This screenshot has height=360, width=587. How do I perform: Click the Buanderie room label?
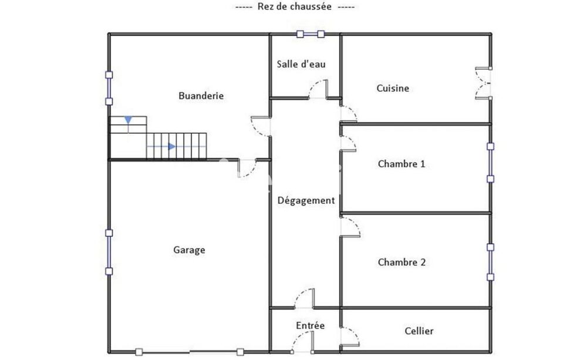[201, 96]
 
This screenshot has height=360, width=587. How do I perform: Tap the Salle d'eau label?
[301, 64]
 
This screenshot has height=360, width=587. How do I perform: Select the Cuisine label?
[393, 89]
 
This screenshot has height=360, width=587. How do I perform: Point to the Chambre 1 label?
[402, 164]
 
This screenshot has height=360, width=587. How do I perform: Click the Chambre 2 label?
[402, 263]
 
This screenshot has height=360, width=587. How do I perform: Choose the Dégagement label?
[306, 201]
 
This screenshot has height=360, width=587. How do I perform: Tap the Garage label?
[189, 250]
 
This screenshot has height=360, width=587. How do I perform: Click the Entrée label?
[311, 325]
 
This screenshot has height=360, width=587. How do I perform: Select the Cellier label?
[419, 331]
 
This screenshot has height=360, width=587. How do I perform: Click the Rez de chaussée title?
[294, 6]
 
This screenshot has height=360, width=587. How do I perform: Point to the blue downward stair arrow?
[128, 120]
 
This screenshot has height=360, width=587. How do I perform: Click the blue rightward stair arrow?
[172, 146]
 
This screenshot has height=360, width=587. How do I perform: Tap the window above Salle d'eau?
[311, 34]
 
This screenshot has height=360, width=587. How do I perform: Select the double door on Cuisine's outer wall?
[483, 83]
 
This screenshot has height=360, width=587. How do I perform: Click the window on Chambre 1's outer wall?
[490, 163]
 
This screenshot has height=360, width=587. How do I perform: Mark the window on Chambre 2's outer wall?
[490, 263]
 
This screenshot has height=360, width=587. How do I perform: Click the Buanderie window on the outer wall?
[109, 88]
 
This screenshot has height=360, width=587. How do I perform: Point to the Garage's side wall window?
[109, 252]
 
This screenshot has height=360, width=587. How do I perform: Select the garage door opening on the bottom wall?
[190, 352]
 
